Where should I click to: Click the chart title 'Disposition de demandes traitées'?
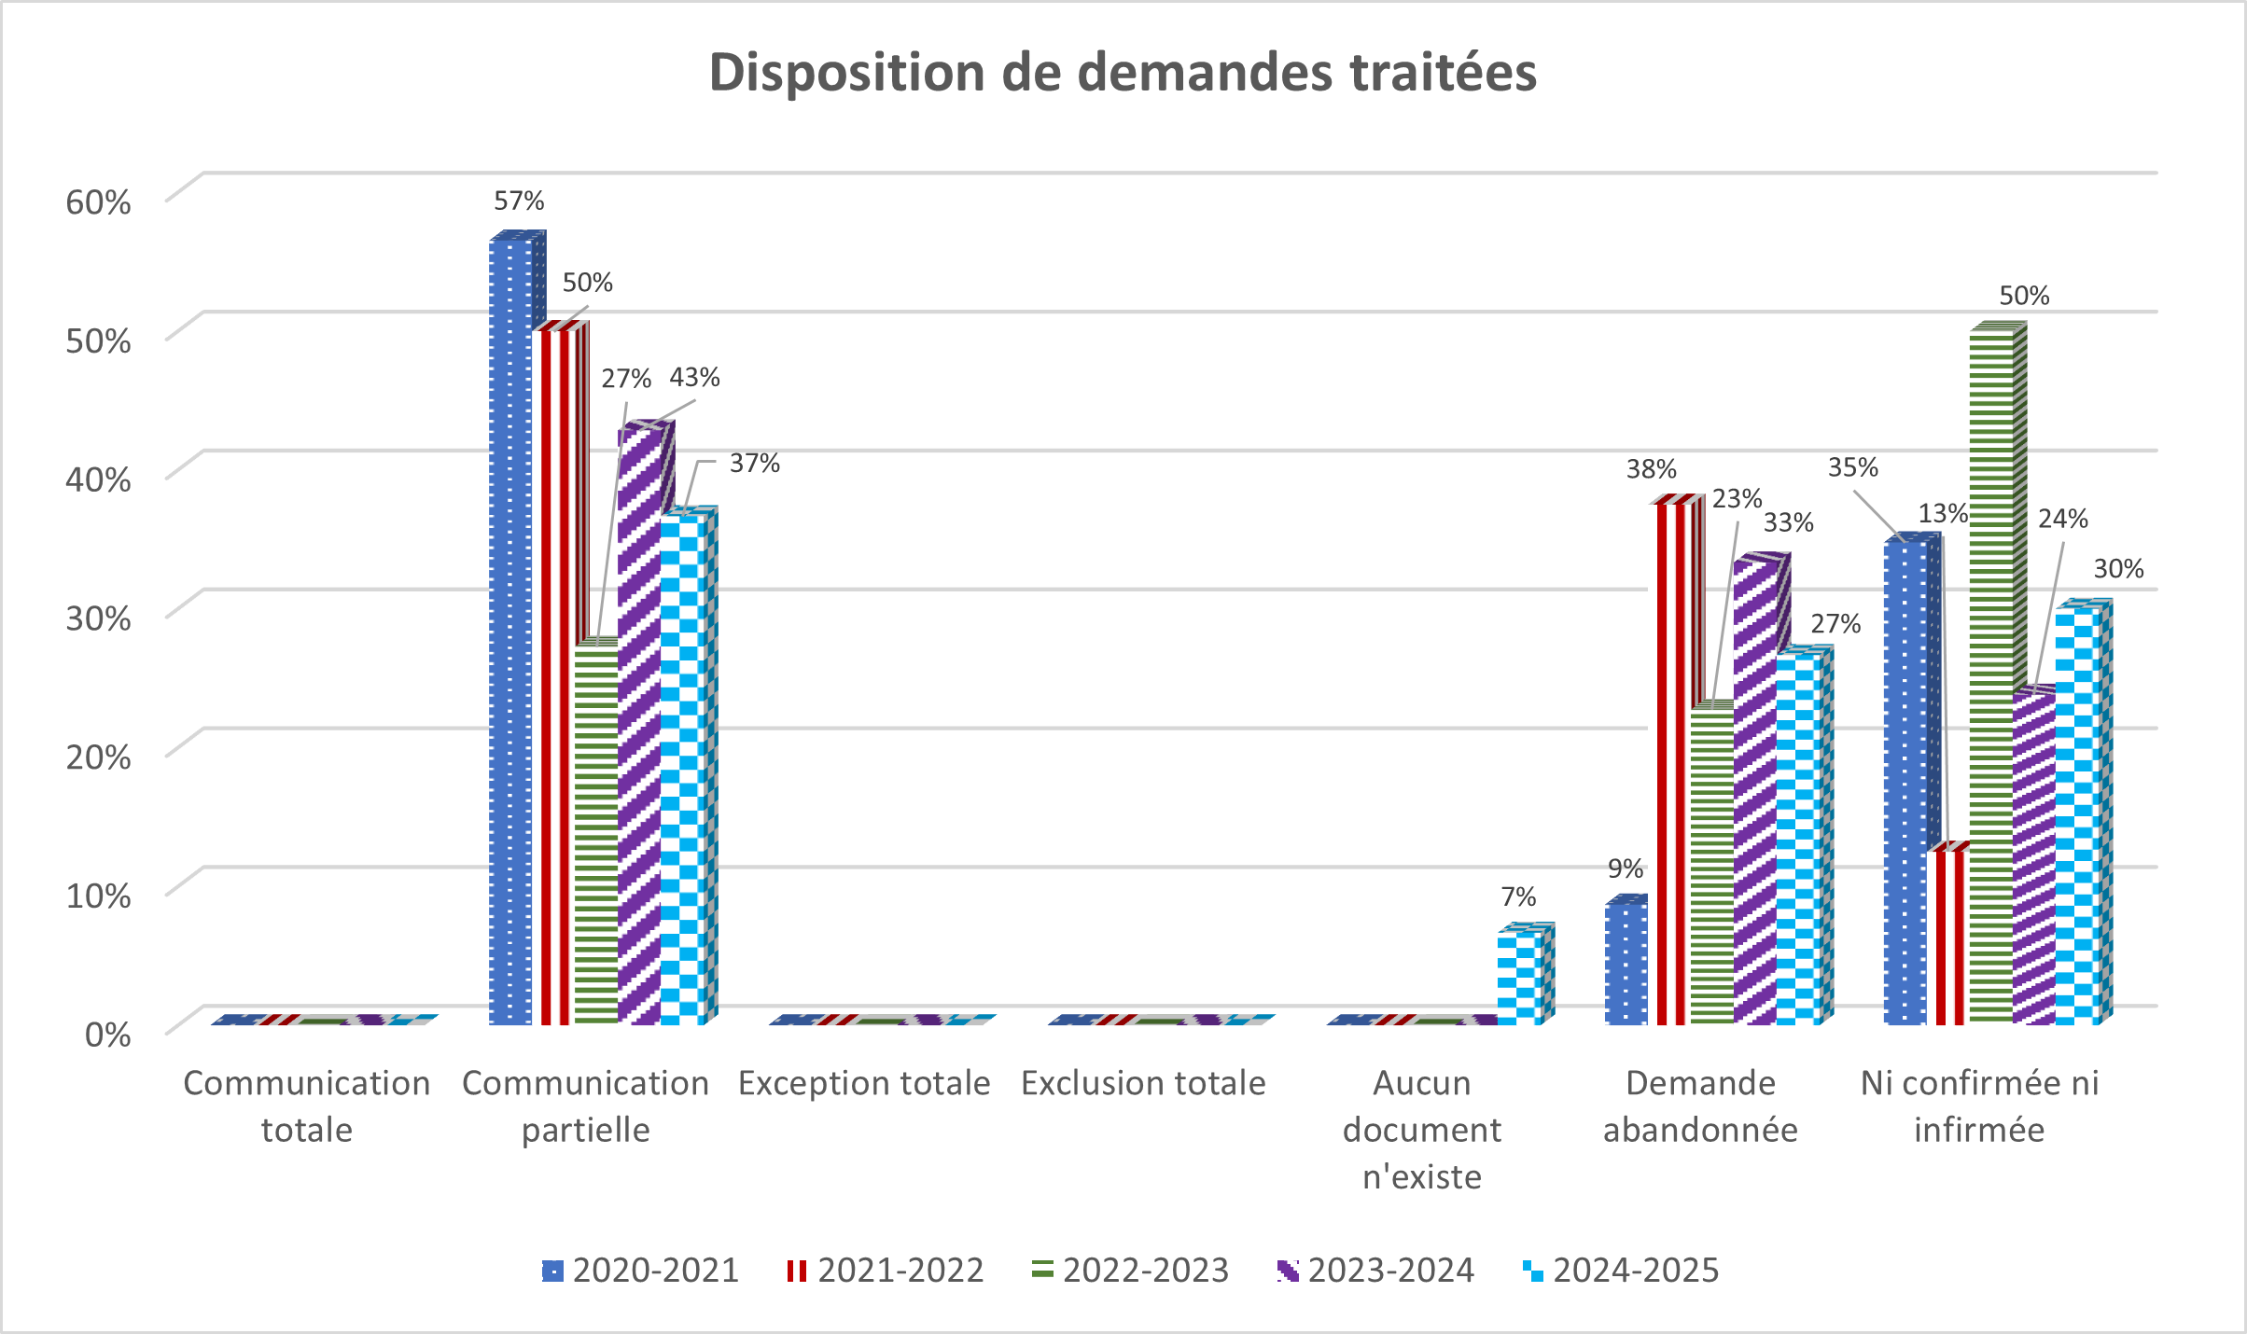[1123, 73]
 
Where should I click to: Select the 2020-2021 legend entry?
[640, 1271]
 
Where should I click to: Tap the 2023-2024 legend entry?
[1375, 1271]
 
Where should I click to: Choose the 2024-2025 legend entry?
[1621, 1271]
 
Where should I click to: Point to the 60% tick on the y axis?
[98, 201]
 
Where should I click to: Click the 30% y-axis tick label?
[98, 618]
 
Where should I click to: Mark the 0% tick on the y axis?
[107, 1034]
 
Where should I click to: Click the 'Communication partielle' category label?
[585, 1106]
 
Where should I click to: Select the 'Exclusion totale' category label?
[1143, 1083]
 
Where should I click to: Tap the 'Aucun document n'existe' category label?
[1421, 1129]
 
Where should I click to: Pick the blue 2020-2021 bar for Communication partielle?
[510, 634]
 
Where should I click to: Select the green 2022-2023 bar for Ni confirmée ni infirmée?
[1991, 672]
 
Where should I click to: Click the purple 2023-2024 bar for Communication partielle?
[639, 728]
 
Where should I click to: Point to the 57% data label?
[519, 201]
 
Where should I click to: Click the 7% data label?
[1518, 896]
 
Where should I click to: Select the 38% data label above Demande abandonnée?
[1651, 468]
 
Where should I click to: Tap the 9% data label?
[1625, 868]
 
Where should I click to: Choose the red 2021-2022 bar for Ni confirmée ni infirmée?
[1948, 938]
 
